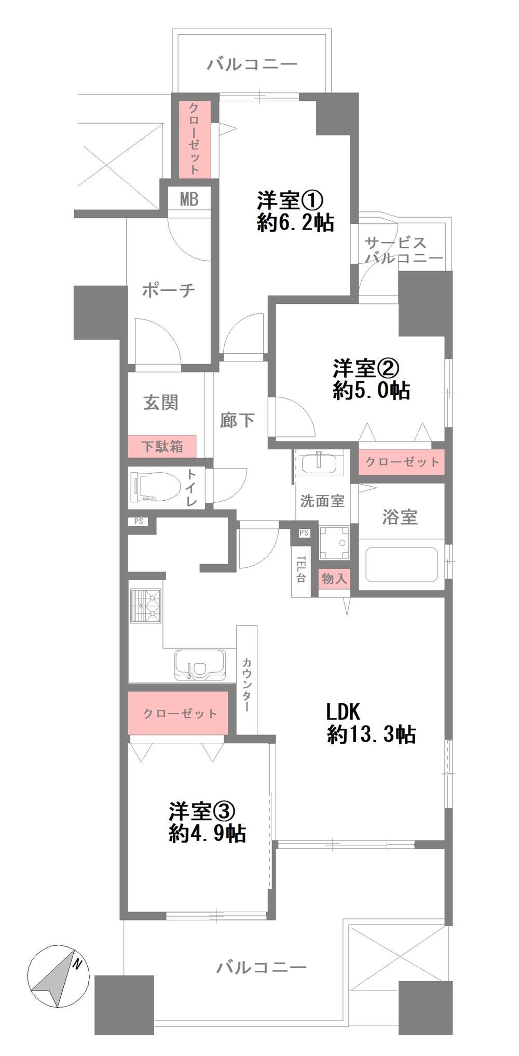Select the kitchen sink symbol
[x=200, y=664]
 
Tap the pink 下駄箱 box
[x=162, y=446]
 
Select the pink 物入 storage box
[x=334, y=579]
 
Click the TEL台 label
[x=301, y=569]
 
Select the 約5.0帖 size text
[x=371, y=390]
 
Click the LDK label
[x=343, y=712]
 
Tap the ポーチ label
[x=169, y=290]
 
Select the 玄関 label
[x=161, y=402]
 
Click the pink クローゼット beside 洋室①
[x=195, y=139]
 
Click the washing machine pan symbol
[x=334, y=543]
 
